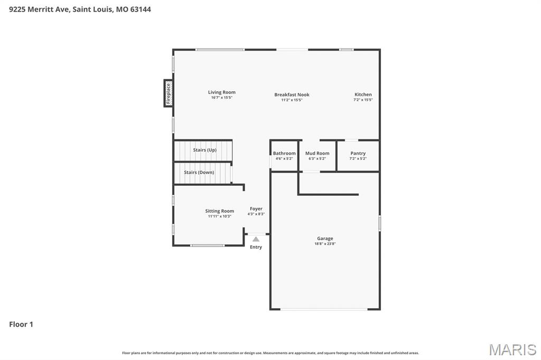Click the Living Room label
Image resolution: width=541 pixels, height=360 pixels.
pos(221,92)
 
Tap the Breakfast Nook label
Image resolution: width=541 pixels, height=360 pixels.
pos(292,95)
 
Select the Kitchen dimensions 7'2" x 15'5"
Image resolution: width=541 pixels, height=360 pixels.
pos(363,100)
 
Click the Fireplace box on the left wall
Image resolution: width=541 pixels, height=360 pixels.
pos(169,93)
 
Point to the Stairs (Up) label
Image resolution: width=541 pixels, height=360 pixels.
pos(204,150)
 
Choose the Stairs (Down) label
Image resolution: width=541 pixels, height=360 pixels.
pos(199,173)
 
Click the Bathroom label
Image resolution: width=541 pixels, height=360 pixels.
pos(284,154)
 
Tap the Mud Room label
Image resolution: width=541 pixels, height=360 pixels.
pos(317,154)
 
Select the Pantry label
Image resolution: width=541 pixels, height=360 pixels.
pos(358,154)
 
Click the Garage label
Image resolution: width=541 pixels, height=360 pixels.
pos(325,239)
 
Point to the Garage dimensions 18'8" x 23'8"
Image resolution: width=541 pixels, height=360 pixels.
pos(325,244)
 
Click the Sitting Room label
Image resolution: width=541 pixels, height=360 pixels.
pos(219,211)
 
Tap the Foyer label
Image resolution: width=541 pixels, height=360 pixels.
pos(256,209)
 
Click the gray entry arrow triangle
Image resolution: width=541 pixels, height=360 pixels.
pos(256,239)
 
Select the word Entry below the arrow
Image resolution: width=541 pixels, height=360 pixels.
pos(256,247)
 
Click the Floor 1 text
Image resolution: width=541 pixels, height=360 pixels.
pos(21,325)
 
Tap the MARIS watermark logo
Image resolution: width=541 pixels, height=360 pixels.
pos(512,349)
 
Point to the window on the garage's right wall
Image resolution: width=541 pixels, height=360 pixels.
pos(379,223)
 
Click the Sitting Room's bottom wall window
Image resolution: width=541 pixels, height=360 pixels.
pos(208,245)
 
